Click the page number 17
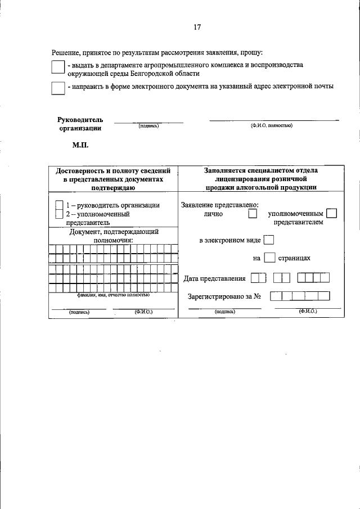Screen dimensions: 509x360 [x=197, y=27]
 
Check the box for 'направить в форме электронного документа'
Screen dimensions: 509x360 [x=57, y=88]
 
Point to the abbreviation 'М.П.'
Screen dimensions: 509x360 [x=80, y=145]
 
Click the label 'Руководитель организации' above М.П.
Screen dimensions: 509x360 [x=80, y=124]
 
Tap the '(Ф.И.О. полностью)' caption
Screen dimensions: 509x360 [x=271, y=125]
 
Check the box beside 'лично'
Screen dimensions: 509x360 [x=253, y=214]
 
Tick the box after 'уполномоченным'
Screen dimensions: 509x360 [x=331, y=213]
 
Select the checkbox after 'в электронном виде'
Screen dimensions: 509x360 [x=268, y=240]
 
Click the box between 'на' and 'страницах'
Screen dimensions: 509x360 [x=269, y=258]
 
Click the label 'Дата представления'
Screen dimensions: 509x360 [x=214, y=278]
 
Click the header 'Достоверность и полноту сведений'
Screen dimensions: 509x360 [x=113, y=170]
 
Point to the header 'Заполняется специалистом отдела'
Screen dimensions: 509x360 [x=261, y=170]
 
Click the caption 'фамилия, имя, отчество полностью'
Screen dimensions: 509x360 [x=113, y=294]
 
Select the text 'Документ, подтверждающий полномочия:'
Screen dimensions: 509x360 [x=113, y=235]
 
